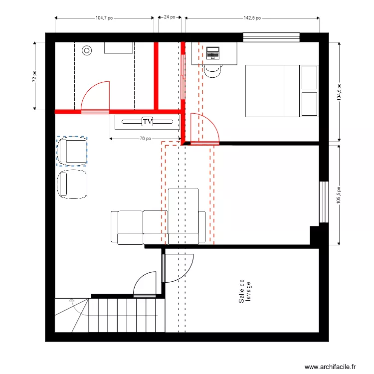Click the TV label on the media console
point(147,121)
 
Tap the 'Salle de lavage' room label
point(244,291)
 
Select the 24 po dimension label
point(170,17)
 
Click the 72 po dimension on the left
point(34,76)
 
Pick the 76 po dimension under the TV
point(145,139)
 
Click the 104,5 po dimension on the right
point(339,92)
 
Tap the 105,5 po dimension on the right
point(339,195)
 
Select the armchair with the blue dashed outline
point(72,151)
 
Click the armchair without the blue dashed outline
point(72,185)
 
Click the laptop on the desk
point(213,53)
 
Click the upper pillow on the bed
point(309,77)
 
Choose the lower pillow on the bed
point(309,104)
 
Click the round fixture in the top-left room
point(87,50)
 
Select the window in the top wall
point(271,37)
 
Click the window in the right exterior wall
point(324,201)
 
